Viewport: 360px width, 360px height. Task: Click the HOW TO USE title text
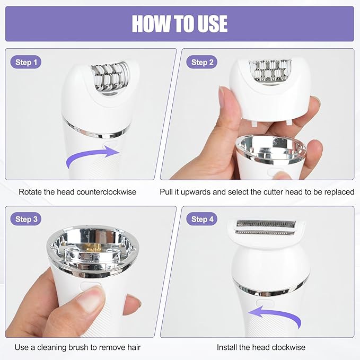click(x=180, y=24)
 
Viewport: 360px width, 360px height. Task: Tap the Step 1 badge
click(x=26, y=63)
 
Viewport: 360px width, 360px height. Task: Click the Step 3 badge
click(x=27, y=219)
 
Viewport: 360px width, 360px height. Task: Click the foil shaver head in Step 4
click(x=265, y=227)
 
